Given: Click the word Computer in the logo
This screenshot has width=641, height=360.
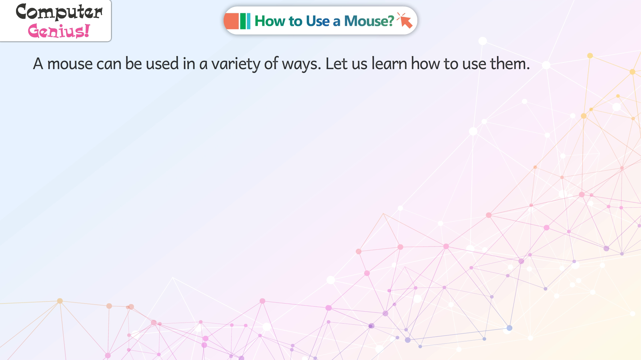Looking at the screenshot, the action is (x=59, y=12).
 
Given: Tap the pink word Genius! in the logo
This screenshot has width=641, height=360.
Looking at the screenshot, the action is (x=59, y=31).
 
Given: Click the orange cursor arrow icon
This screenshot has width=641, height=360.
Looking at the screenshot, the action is (x=405, y=21).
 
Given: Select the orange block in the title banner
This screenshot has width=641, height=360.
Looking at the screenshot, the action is (x=231, y=21).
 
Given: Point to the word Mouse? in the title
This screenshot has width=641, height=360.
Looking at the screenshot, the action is (x=369, y=21).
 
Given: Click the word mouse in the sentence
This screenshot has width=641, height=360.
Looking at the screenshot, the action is (x=70, y=64).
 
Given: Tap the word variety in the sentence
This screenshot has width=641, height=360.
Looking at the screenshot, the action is (x=236, y=64).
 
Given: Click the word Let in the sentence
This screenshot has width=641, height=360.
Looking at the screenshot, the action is (x=337, y=63).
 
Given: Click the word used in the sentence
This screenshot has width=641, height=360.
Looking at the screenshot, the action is (x=162, y=63).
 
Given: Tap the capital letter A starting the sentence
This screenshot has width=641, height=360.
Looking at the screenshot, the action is (x=38, y=63).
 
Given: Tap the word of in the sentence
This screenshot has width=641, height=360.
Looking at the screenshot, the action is (x=271, y=63).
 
